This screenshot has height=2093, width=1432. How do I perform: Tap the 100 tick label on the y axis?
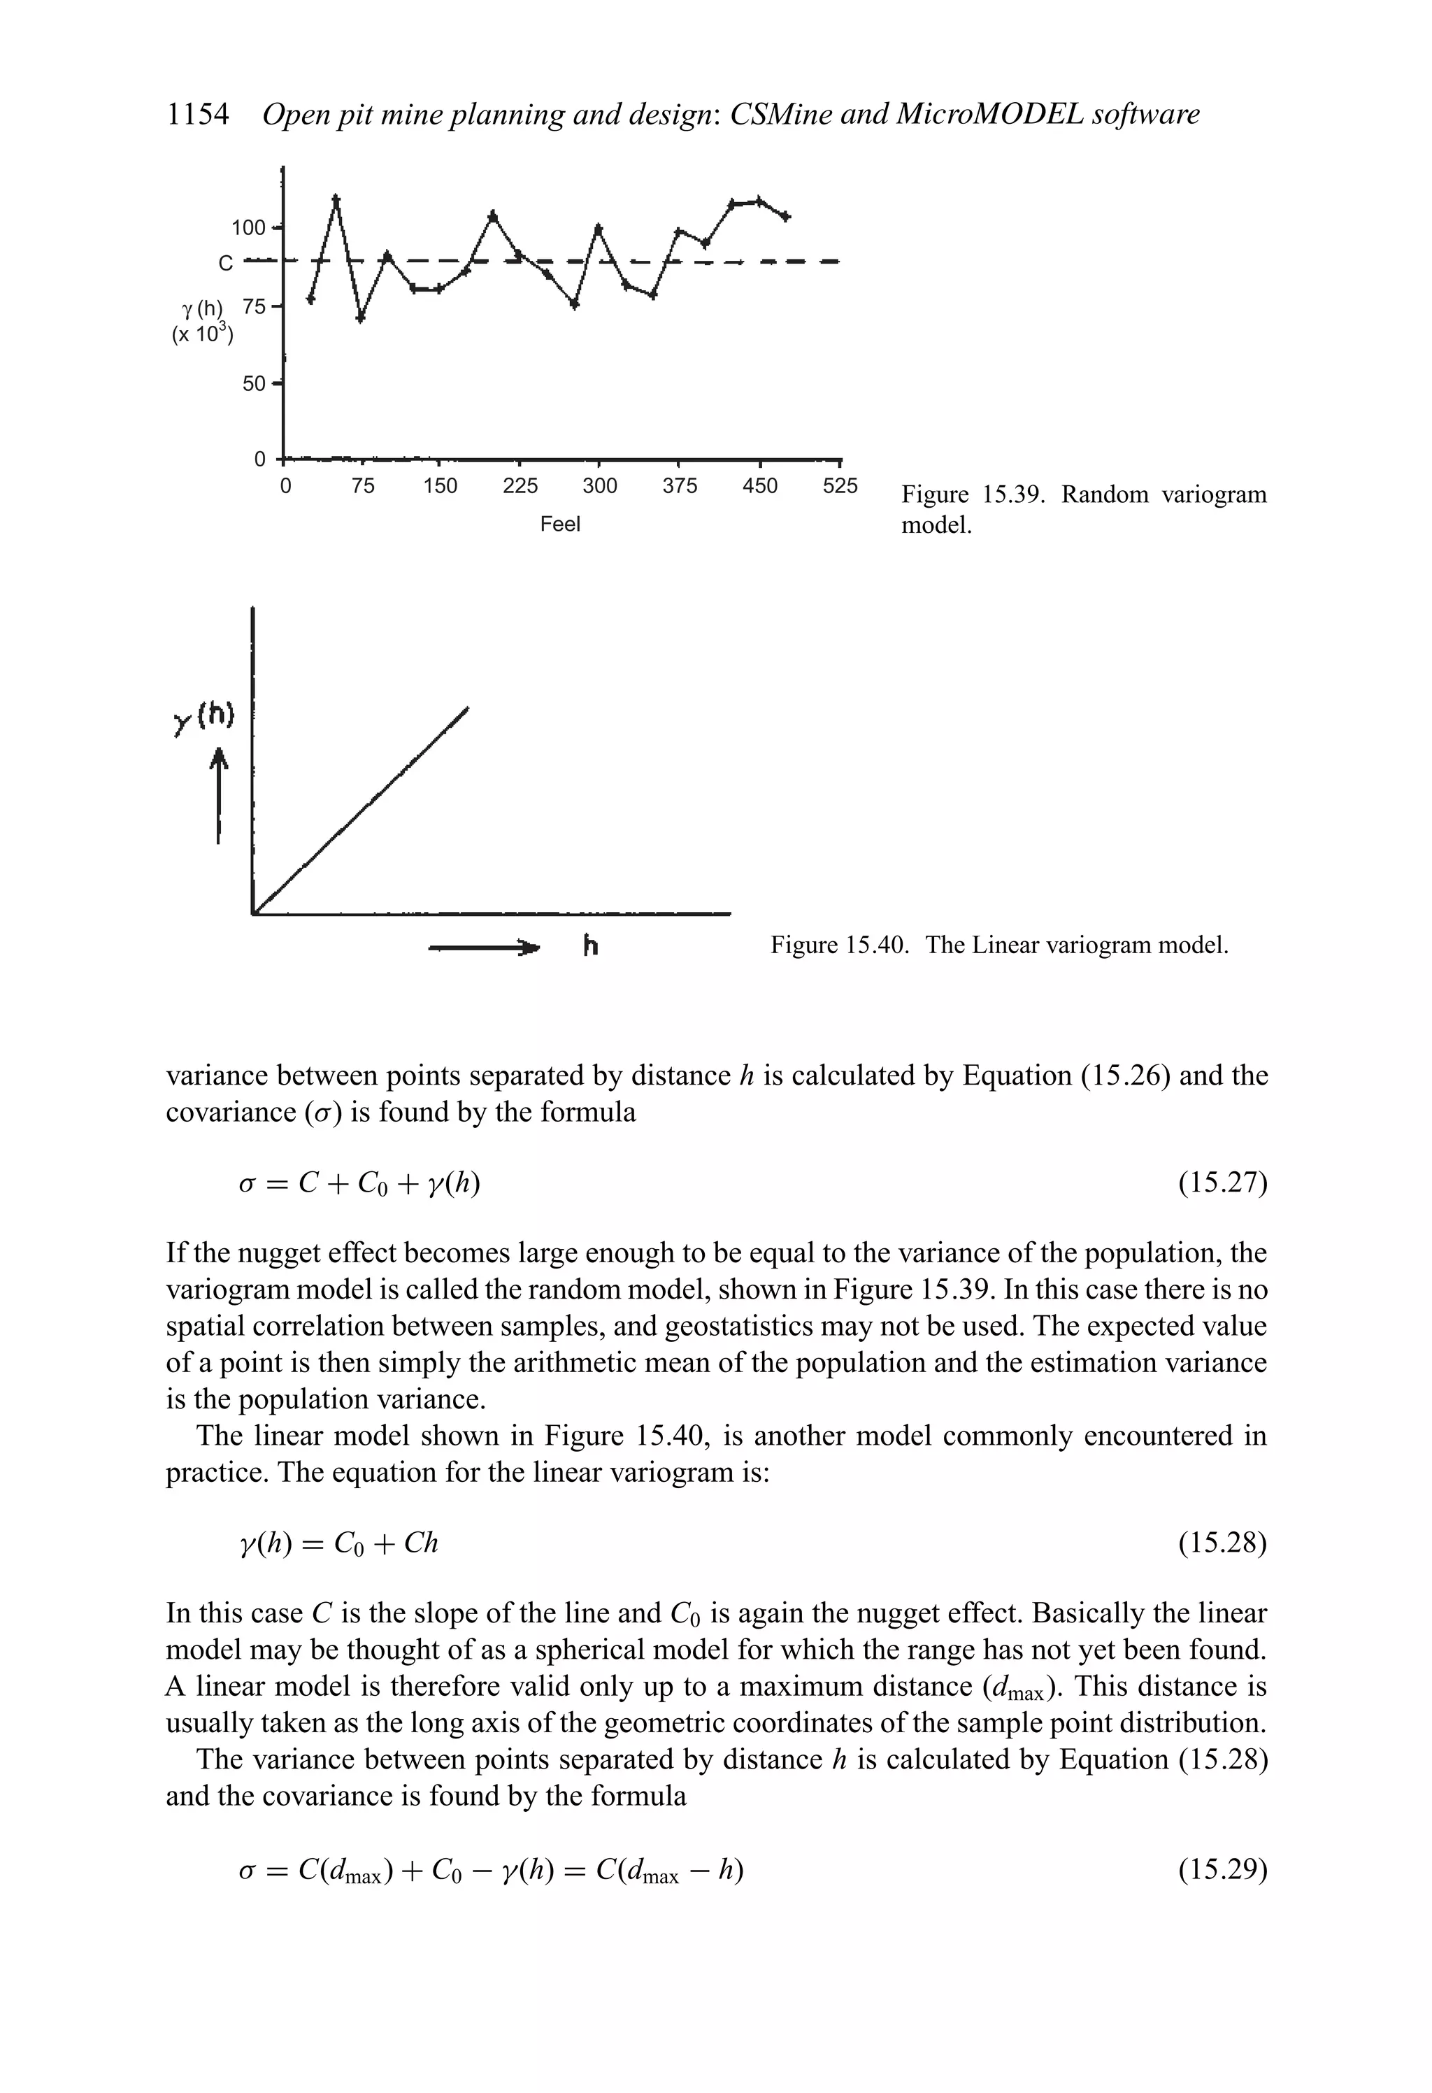(x=249, y=227)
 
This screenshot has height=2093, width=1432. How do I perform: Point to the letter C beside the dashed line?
(x=225, y=263)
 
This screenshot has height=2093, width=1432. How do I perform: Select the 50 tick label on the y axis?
(x=254, y=384)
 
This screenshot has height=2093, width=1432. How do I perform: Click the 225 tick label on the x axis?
(x=520, y=486)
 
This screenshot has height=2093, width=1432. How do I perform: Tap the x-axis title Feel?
(x=559, y=524)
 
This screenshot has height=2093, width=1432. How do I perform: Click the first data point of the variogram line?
(x=310, y=299)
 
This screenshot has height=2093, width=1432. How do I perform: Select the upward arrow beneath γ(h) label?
(x=219, y=798)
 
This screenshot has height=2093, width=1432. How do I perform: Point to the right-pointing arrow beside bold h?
(x=487, y=948)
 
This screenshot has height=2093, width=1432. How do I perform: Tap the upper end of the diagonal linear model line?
(x=467, y=710)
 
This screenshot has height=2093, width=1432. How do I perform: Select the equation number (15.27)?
(x=1222, y=1183)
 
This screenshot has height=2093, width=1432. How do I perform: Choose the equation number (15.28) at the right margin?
(x=1222, y=1543)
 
